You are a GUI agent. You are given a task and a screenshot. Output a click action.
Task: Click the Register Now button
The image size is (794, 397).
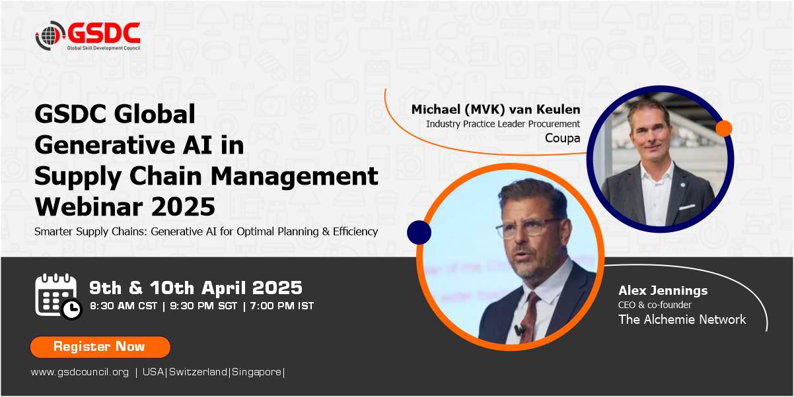pos(100,347)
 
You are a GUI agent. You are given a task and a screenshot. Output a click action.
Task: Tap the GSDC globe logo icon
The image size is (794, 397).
pos(50,36)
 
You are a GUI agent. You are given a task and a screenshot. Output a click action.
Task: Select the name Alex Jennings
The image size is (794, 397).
pos(663,291)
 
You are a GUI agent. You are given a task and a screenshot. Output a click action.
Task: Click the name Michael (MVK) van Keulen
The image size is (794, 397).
pos(495,109)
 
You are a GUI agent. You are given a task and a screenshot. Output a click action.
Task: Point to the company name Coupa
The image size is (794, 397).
pos(563,138)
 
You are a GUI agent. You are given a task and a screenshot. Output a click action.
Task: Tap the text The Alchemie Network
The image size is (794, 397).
pos(682,319)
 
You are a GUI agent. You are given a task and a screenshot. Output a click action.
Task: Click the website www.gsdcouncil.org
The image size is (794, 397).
pos(80,372)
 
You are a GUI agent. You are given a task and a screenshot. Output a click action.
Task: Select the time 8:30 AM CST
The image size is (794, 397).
pos(124,306)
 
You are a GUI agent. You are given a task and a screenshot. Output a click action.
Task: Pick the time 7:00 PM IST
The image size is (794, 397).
pos(282,306)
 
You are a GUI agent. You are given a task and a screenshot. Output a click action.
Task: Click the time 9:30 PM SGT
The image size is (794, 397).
pos(203,306)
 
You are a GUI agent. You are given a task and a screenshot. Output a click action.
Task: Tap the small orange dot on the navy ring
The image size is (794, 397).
pos(724,129)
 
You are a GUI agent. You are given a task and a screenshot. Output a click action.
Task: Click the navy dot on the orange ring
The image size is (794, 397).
pos(419,233)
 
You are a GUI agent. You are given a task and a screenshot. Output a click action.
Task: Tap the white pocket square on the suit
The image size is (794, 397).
pos(686,207)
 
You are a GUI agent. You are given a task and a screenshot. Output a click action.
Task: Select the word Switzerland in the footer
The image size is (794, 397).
pos(198,372)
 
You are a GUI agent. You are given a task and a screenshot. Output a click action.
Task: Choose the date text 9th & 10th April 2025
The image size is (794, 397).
pos(196,288)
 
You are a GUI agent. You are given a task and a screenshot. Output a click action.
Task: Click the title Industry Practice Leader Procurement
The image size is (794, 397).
pos(503,124)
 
